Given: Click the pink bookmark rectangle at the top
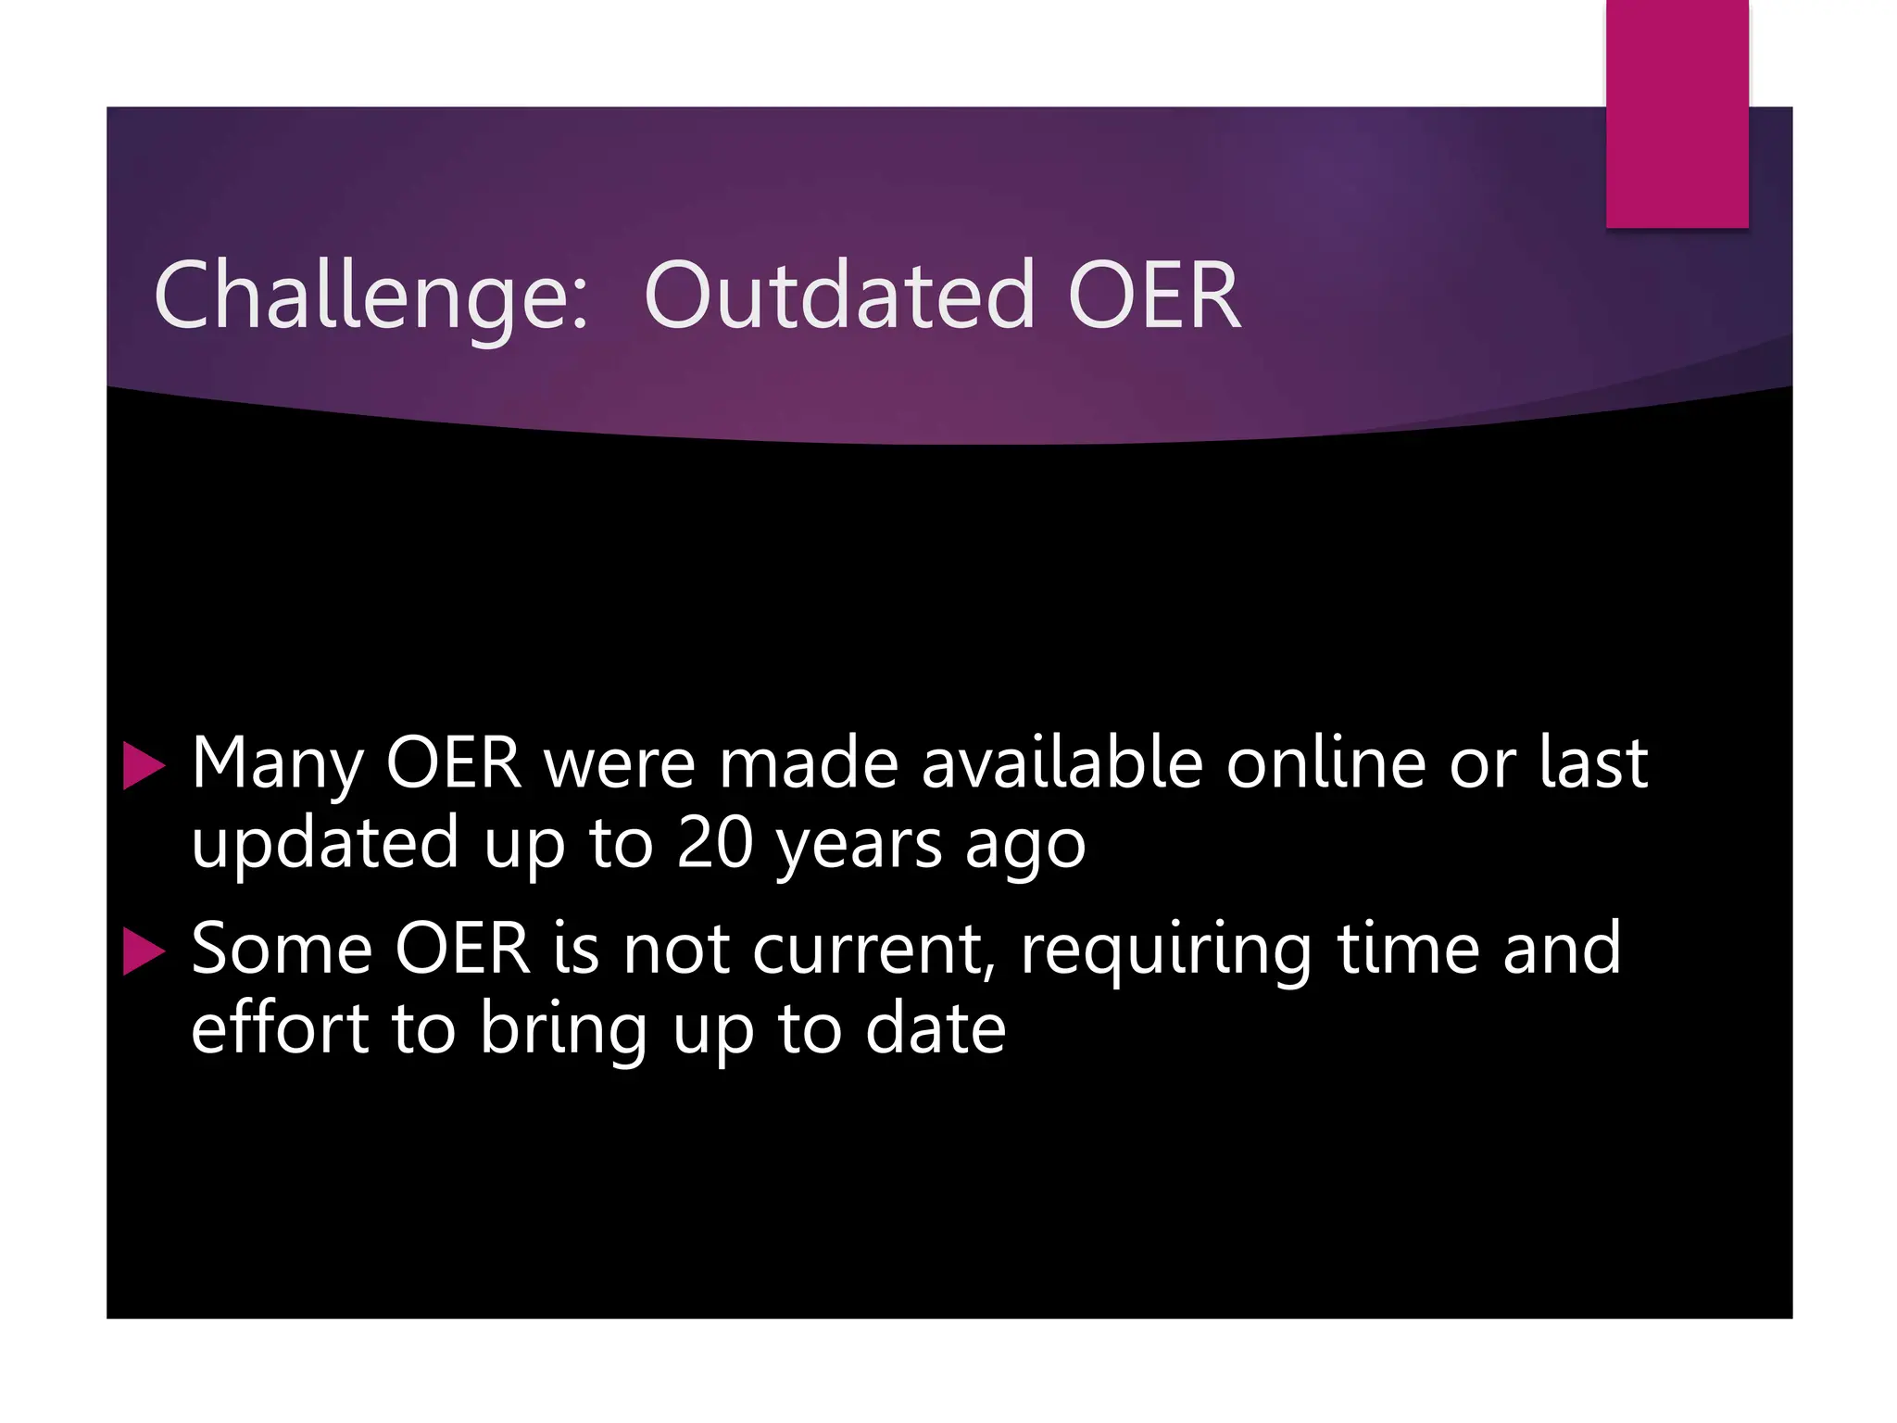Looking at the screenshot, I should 1677,113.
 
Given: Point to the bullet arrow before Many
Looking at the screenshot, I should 143,767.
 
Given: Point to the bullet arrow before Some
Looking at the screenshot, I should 143,952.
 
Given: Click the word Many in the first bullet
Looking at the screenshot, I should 277,765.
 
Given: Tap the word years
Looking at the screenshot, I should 859,845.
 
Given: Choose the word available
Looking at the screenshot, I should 1062,763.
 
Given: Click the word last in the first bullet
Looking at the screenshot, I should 1593,763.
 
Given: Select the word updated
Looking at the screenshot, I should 324,843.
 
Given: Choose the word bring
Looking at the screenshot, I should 563,1030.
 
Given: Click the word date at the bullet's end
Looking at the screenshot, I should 935,1028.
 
